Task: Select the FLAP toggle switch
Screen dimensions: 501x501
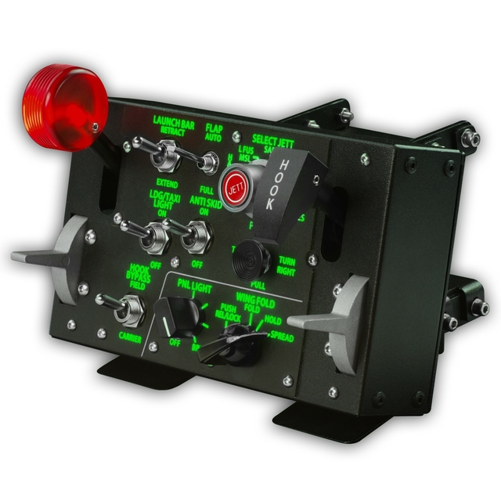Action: point(207,161)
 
